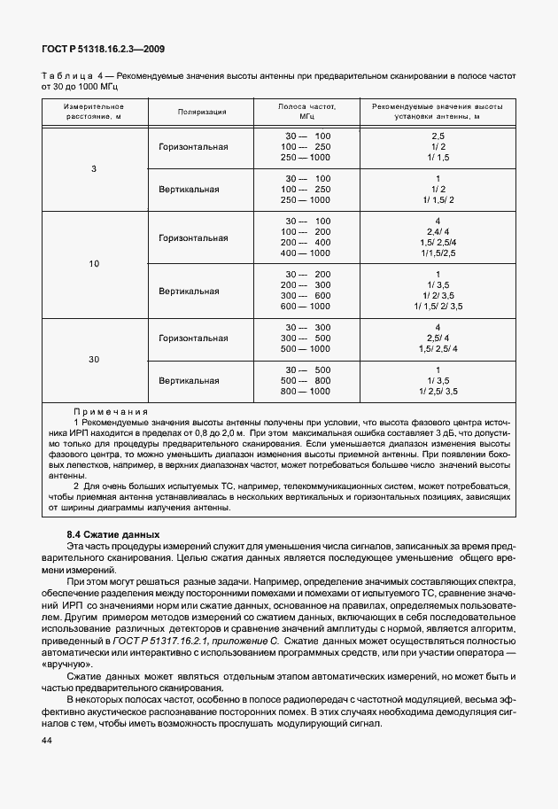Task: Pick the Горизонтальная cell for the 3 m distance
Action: point(192,146)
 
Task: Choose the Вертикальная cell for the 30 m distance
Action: point(189,381)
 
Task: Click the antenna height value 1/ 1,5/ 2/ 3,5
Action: point(437,307)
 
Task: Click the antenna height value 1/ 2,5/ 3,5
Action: point(437,392)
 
